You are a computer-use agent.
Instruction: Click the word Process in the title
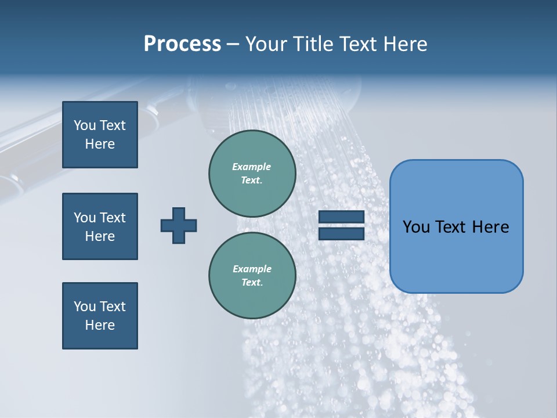point(182,44)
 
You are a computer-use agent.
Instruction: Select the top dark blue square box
point(100,135)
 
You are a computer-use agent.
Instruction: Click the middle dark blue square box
point(100,226)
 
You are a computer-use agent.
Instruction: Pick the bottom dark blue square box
point(100,316)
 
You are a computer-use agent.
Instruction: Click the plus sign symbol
point(179,225)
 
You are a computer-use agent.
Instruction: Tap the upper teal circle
point(252,173)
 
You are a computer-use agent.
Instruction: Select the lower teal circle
point(252,275)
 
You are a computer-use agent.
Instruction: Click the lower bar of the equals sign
point(341,234)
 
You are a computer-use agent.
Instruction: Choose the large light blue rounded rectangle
point(456,226)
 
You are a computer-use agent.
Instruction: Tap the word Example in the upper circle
point(252,167)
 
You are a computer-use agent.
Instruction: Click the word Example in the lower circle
point(252,269)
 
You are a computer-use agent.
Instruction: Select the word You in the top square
point(85,125)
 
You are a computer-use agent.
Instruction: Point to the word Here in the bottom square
point(100,325)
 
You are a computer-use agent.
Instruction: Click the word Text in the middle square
point(113,218)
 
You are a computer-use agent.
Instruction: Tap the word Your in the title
point(265,44)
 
